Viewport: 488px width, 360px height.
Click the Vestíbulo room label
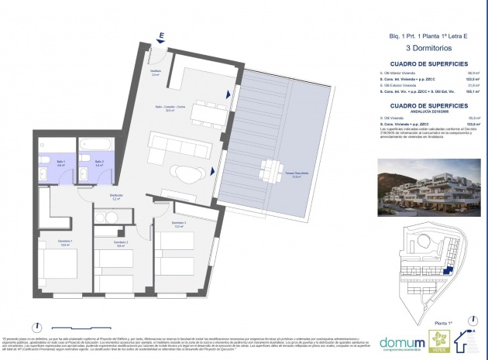coord(155,73)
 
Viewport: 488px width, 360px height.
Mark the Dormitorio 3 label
coord(177,224)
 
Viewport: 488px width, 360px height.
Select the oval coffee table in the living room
coord(186,173)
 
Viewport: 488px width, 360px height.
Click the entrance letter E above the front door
coord(160,35)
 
